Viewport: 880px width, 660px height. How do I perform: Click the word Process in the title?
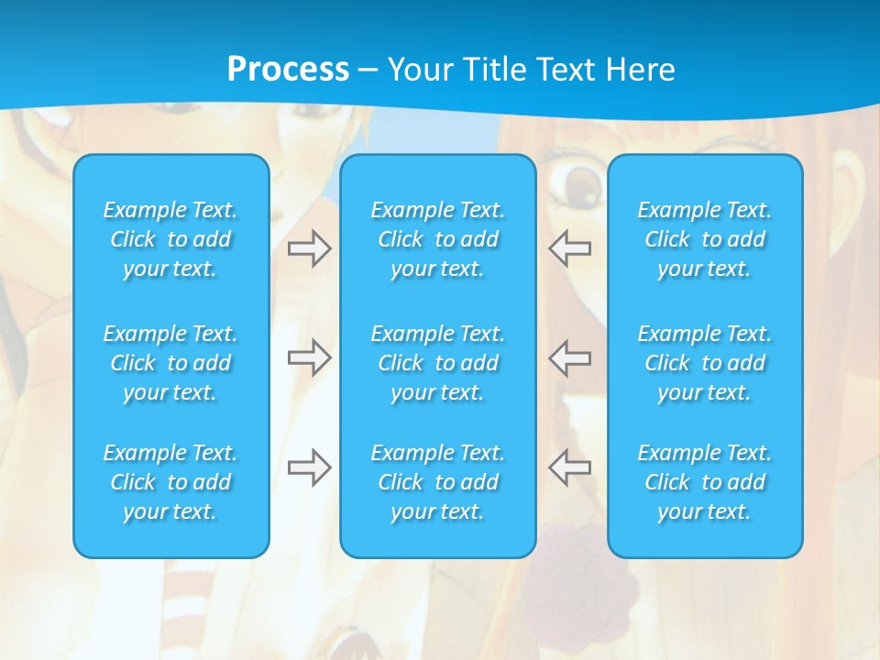click(x=288, y=70)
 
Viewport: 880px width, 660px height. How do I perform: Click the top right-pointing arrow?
click(x=309, y=248)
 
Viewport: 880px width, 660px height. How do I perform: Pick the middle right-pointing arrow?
click(x=309, y=357)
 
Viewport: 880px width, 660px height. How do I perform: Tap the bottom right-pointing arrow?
click(x=309, y=467)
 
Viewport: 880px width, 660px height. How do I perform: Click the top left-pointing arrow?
click(x=569, y=248)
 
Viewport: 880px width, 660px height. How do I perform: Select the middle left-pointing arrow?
click(x=569, y=357)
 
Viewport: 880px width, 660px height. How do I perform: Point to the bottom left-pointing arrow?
click(x=569, y=467)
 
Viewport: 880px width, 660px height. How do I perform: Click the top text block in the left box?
click(x=170, y=239)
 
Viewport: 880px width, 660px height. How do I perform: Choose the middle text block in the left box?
click(x=170, y=363)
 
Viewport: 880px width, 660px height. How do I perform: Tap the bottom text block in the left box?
click(x=170, y=482)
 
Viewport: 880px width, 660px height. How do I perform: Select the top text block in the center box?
click(x=438, y=239)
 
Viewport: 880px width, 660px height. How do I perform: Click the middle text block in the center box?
click(x=438, y=363)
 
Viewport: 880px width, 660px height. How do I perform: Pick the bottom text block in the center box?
click(x=438, y=482)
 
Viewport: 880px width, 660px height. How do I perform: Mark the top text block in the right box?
click(x=705, y=239)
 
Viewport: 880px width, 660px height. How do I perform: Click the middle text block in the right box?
click(x=705, y=363)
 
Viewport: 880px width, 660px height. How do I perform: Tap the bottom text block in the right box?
click(x=705, y=482)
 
